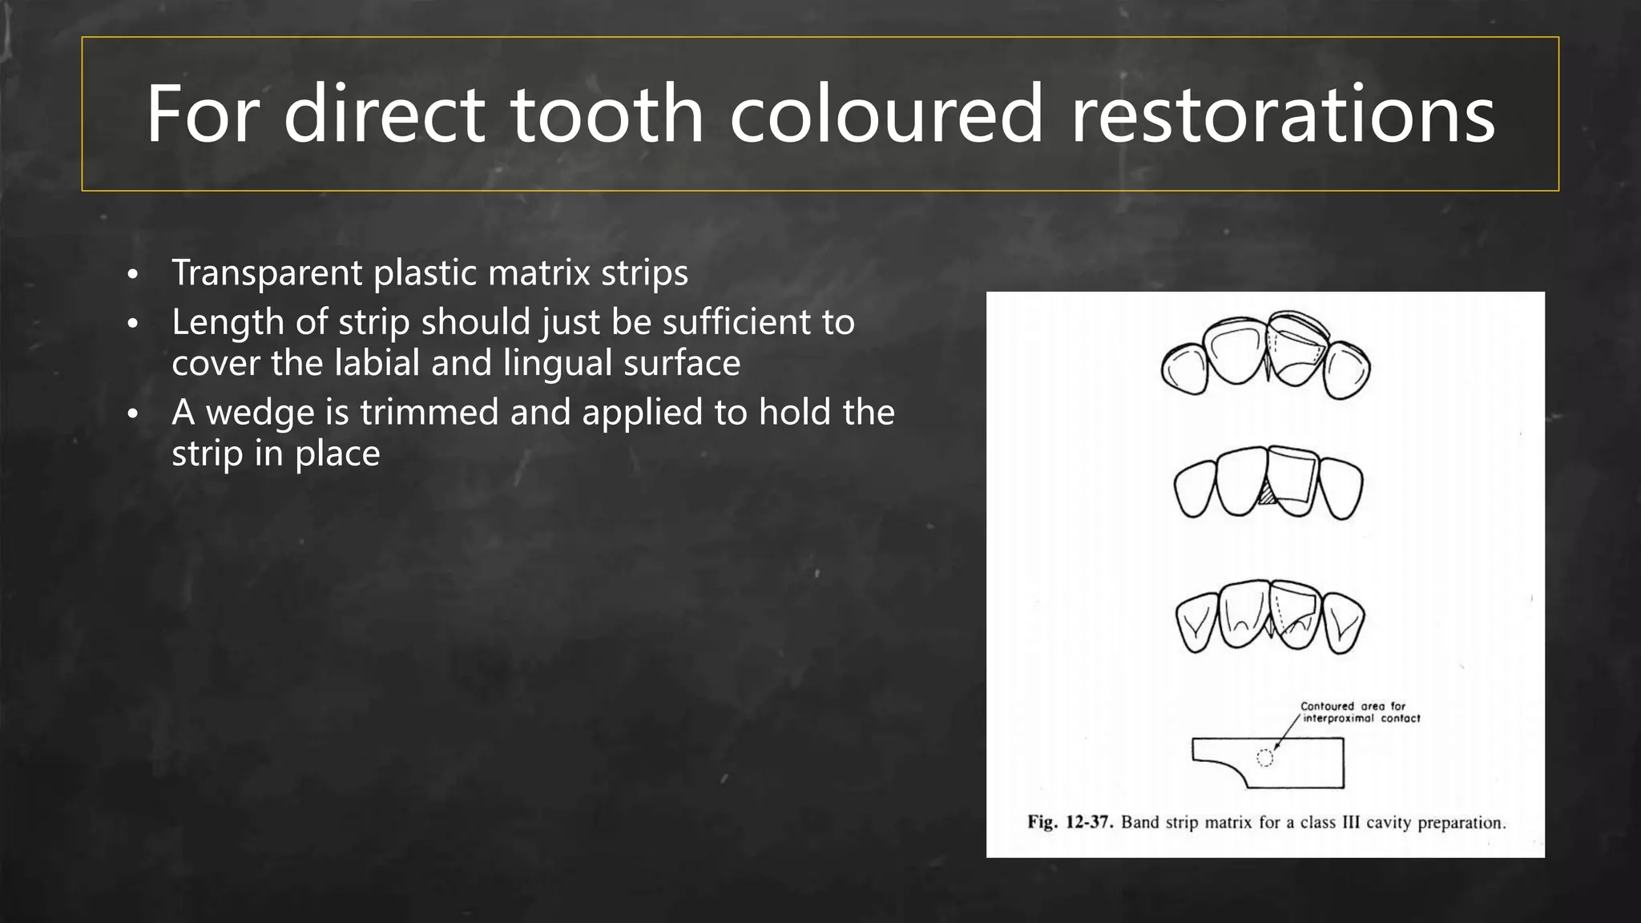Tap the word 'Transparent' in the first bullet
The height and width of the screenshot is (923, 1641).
[x=267, y=273]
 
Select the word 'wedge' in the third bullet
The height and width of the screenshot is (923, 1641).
[x=260, y=413]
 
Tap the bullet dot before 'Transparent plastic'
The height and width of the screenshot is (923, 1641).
[x=133, y=275]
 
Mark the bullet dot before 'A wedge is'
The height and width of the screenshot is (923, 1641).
[x=133, y=414]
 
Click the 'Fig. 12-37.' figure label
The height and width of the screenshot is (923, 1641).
[x=1070, y=823]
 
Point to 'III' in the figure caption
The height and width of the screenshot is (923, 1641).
[x=1350, y=823]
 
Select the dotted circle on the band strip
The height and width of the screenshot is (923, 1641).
[x=1264, y=758]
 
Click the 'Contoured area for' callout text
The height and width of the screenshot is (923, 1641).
[x=1353, y=706]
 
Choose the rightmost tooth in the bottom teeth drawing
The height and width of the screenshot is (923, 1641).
[x=1343, y=623]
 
